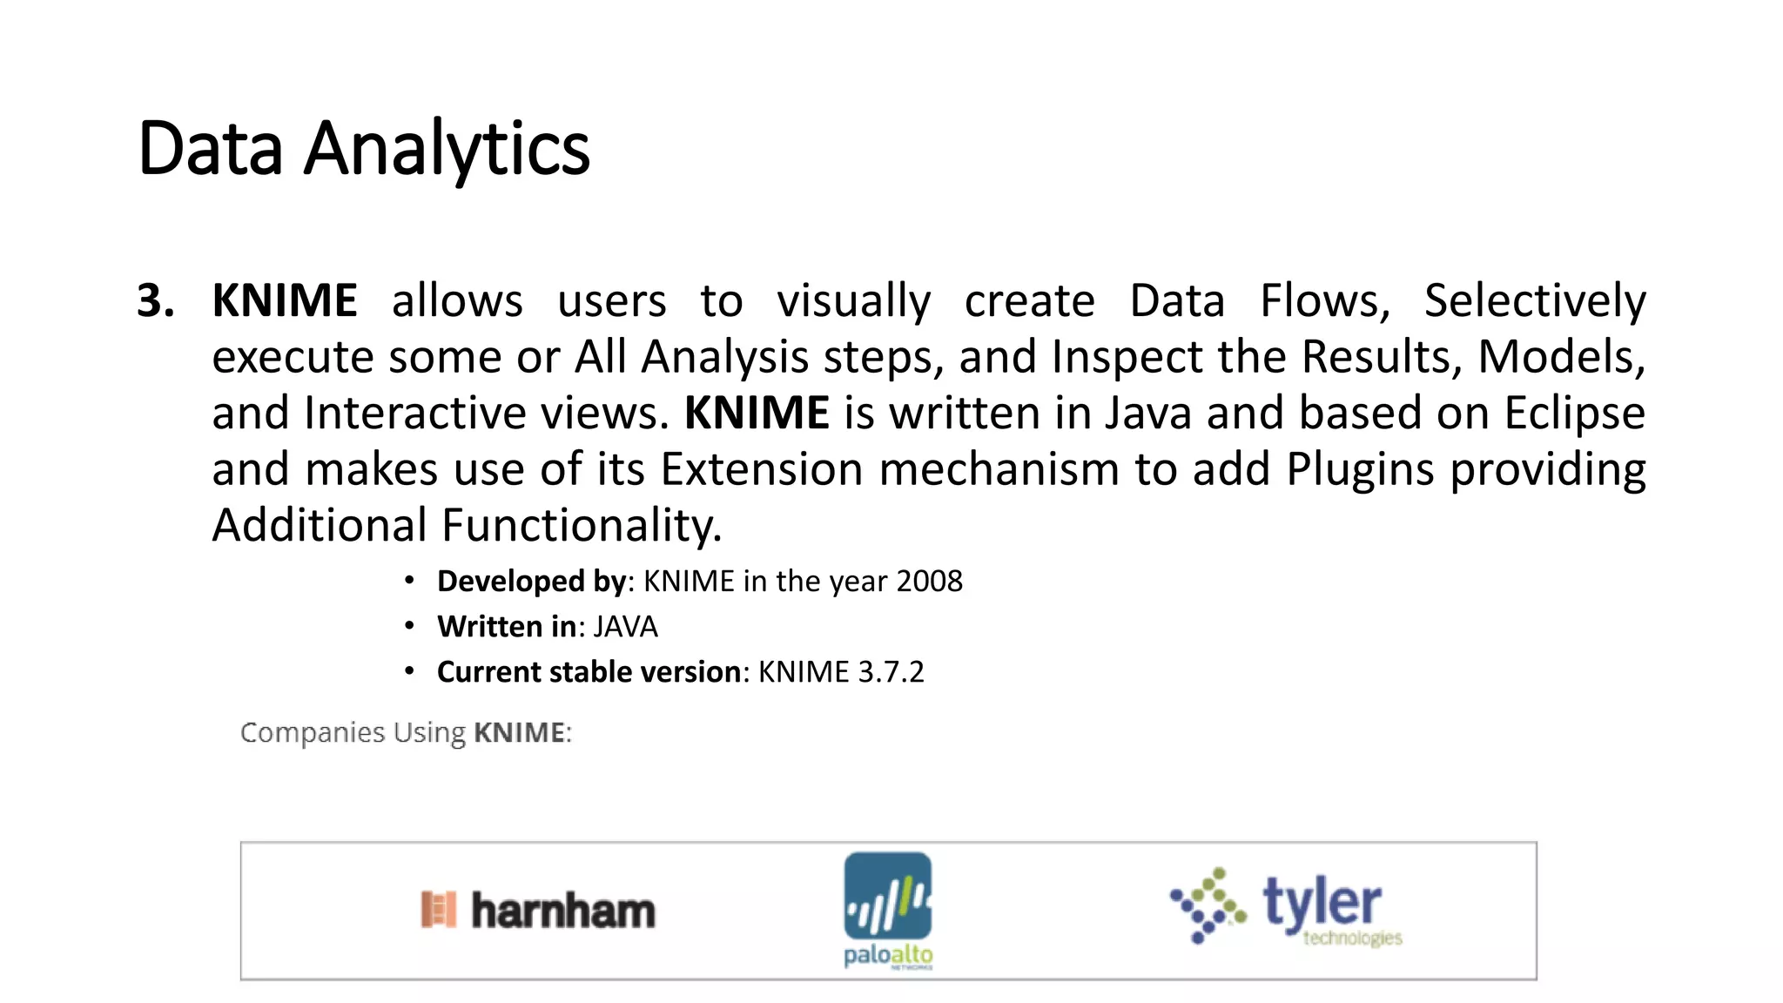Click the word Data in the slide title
pyautogui.click(x=210, y=148)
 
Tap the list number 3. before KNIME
pyautogui.click(x=156, y=301)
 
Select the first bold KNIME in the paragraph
pyautogui.click(x=285, y=301)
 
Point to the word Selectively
pyautogui.click(x=1534, y=301)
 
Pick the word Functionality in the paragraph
pyautogui.click(x=581, y=526)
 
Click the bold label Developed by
pyautogui.click(x=531, y=581)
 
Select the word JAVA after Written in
pyautogui.click(x=625, y=627)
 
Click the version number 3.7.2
pyautogui.click(x=891, y=672)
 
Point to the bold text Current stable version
pyautogui.click(x=589, y=672)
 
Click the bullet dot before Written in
pyautogui.click(x=409, y=626)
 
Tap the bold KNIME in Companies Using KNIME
pyautogui.click(x=520, y=733)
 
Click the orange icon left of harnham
pyautogui.click(x=438, y=910)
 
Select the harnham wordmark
pyautogui.click(x=562, y=911)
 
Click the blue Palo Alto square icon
pyautogui.click(x=887, y=895)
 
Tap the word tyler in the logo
pyautogui.click(x=1321, y=902)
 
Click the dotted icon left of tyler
pyautogui.click(x=1207, y=905)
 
